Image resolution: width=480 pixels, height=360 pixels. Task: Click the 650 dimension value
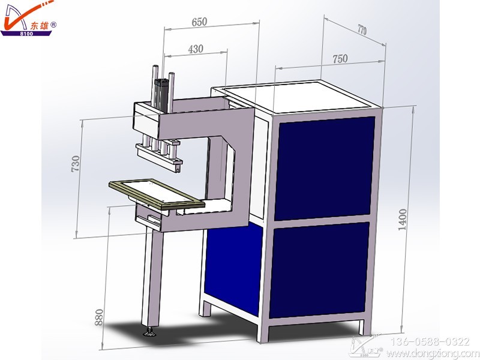pos(199,22)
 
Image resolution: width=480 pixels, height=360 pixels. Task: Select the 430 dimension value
pos(196,49)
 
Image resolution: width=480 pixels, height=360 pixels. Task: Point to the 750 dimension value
pos(340,59)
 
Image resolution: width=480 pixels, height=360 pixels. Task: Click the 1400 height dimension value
pos(403,219)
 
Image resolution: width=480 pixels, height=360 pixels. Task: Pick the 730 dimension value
pos(76,163)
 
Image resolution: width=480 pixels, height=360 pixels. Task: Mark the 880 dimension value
pos(99,317)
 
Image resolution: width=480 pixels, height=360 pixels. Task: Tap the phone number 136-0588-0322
pos(430,341)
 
